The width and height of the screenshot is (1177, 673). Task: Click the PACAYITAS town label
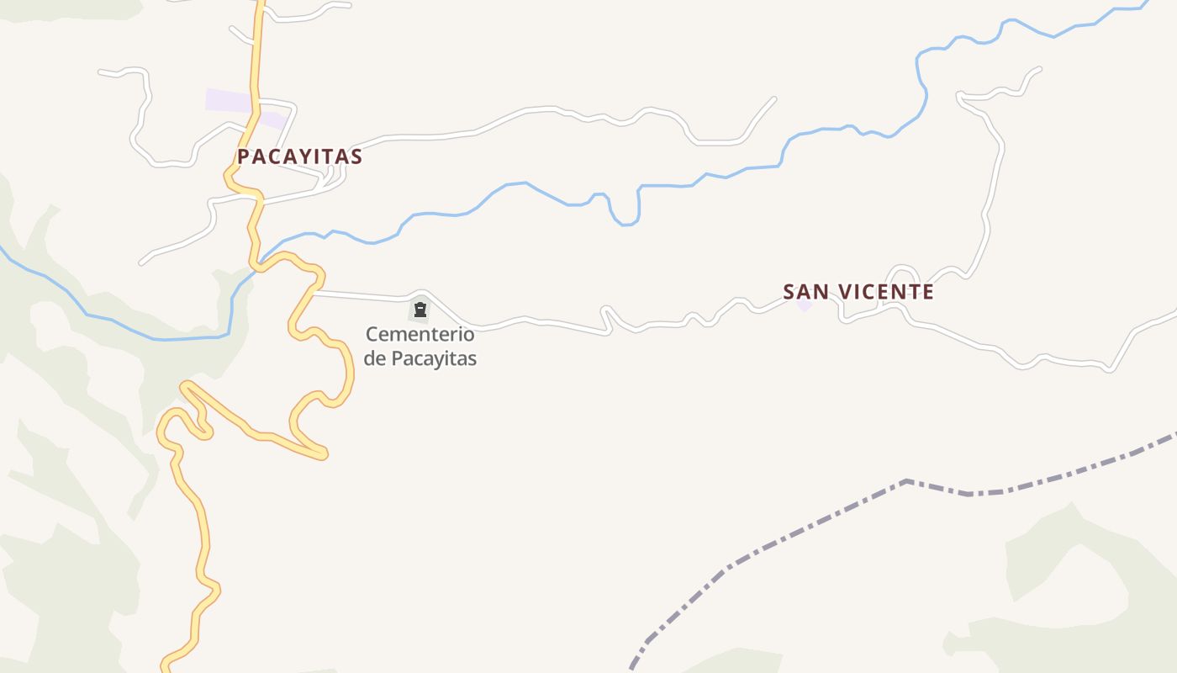point(299,156)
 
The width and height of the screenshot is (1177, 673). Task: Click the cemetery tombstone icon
point(420,310)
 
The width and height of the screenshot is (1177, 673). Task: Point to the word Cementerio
point(420,334)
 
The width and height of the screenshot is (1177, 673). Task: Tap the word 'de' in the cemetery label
point(375,358)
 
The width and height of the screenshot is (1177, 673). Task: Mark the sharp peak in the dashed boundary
point(906,481)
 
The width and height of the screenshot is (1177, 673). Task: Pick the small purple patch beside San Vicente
point(805,305)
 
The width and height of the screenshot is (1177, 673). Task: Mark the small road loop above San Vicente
point(903,274)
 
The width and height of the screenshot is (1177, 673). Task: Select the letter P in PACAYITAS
point(243,156)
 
